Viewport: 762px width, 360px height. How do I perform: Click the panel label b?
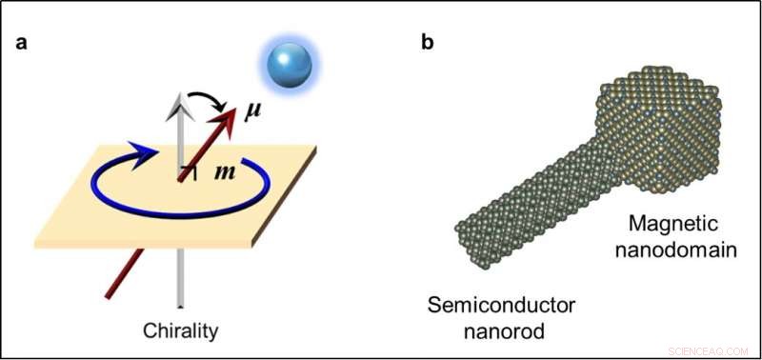point(427,44)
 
